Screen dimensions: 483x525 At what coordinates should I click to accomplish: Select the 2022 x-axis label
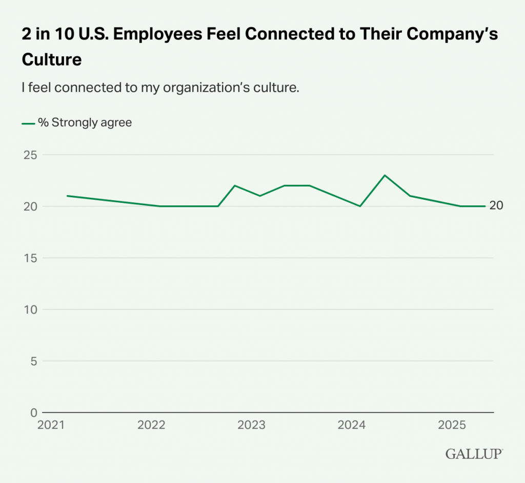(x=151, y=425)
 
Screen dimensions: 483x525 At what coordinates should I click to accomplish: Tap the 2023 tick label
(x=251, y=425)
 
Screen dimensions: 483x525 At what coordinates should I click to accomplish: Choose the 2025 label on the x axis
(x=451, y=425)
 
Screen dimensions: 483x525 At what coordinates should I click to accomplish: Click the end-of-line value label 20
(x=496, y=206)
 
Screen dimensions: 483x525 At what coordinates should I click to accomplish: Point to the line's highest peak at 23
(x=385, y=175)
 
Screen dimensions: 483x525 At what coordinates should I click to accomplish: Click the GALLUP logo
(x=474, y=454)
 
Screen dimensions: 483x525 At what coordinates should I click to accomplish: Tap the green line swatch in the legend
(x=28, y=123)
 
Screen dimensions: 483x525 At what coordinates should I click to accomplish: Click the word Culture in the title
(x=52, y=59)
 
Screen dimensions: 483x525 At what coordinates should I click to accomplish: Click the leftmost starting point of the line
(x=67, y=196)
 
